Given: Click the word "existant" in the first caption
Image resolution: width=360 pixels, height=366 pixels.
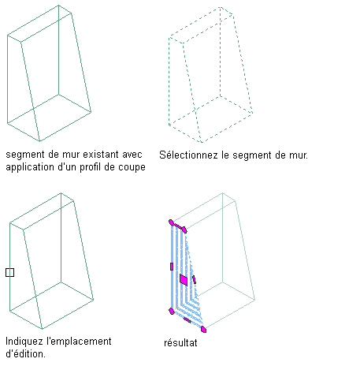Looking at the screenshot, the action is point(102,155).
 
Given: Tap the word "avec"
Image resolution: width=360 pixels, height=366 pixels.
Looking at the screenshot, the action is point(132,155).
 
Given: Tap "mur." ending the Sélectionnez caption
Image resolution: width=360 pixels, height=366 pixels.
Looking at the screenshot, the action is point(299,155).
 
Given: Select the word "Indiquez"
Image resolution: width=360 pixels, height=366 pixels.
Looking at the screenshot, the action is point(24,342).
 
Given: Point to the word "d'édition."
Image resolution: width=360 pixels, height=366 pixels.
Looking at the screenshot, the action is point(25,353).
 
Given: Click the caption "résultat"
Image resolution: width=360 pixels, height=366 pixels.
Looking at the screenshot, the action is point(180,343).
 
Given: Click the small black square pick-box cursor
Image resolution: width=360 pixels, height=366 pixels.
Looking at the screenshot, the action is point(9,272).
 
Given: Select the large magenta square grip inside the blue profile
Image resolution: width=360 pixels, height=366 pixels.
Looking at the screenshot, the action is point(184,279).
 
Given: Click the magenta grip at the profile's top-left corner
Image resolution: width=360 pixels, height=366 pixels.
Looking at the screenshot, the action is point(171,222).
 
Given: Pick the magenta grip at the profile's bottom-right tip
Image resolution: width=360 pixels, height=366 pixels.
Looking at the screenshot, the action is point(203,329).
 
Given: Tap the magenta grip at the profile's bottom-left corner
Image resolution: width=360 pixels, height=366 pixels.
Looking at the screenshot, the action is point(172,312).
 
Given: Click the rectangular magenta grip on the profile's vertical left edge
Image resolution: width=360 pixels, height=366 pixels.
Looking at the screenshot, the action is point(172,267).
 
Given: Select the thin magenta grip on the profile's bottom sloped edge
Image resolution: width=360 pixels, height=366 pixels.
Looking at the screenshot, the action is point(187,320).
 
